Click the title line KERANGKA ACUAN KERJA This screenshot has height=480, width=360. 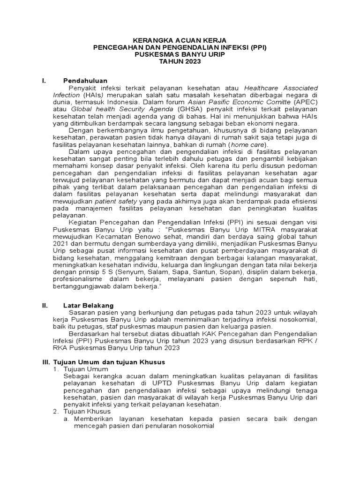click(x=180, y=41)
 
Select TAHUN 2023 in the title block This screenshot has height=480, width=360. click(x=180, y=61)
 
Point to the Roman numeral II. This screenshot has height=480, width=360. click(x=45, y=306)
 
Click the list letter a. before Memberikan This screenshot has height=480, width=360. click(x=67, y=419)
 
